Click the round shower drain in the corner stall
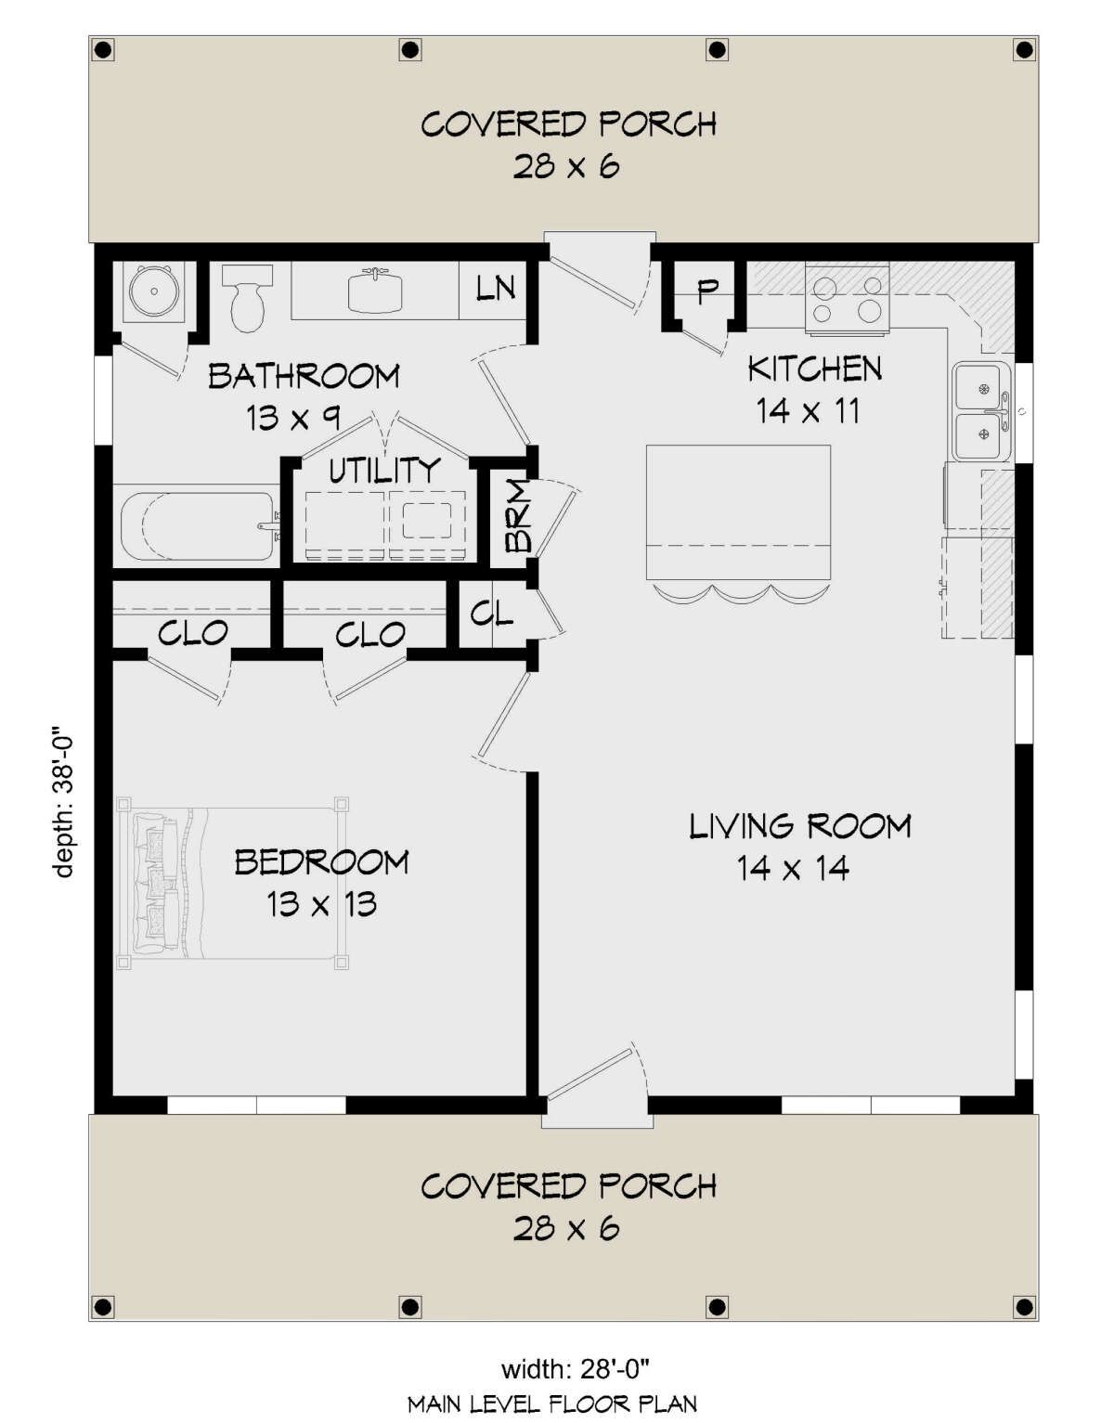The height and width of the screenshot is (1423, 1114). [x=152, y=292]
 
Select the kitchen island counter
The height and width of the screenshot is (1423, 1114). [x=738, y=512]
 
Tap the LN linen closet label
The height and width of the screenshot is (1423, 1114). [x=495, y=288]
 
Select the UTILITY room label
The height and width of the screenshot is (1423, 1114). [x=383, y=470]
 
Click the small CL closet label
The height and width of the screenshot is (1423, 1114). [x=491, y=614]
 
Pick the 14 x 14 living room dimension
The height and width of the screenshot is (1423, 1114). [x=793, y=869]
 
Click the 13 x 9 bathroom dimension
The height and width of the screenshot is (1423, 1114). [x=293, y=417]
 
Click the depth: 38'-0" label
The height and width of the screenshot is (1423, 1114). [x=64, y=800]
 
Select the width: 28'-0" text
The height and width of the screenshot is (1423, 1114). [x=575, y=1368]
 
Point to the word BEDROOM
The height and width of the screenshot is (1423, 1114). [x=321, y=862]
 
